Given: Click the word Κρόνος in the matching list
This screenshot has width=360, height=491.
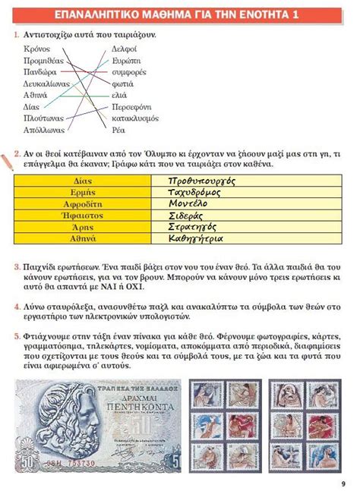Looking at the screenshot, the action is pyautogui.click(x=37, y=48).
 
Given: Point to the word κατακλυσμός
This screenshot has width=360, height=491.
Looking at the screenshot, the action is pyautogui.click(x=135, y=118).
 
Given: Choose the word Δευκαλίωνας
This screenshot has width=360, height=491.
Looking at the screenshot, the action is pyautogui.click(x=47, y=83).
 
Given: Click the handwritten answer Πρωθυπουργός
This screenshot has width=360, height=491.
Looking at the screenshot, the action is pyautogui.click(x=203, y=181).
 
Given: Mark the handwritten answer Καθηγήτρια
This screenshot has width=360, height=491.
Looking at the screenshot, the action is pyautogui.click(x=196, y=238).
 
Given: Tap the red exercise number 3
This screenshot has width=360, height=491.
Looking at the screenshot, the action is pyautogui.click(x=17, y=267).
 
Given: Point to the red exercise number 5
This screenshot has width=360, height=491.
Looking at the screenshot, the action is pyautogui.click(x=17, y=334).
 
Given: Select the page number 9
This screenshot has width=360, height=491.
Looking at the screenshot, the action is pyautogui.click(x=343, y=483).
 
